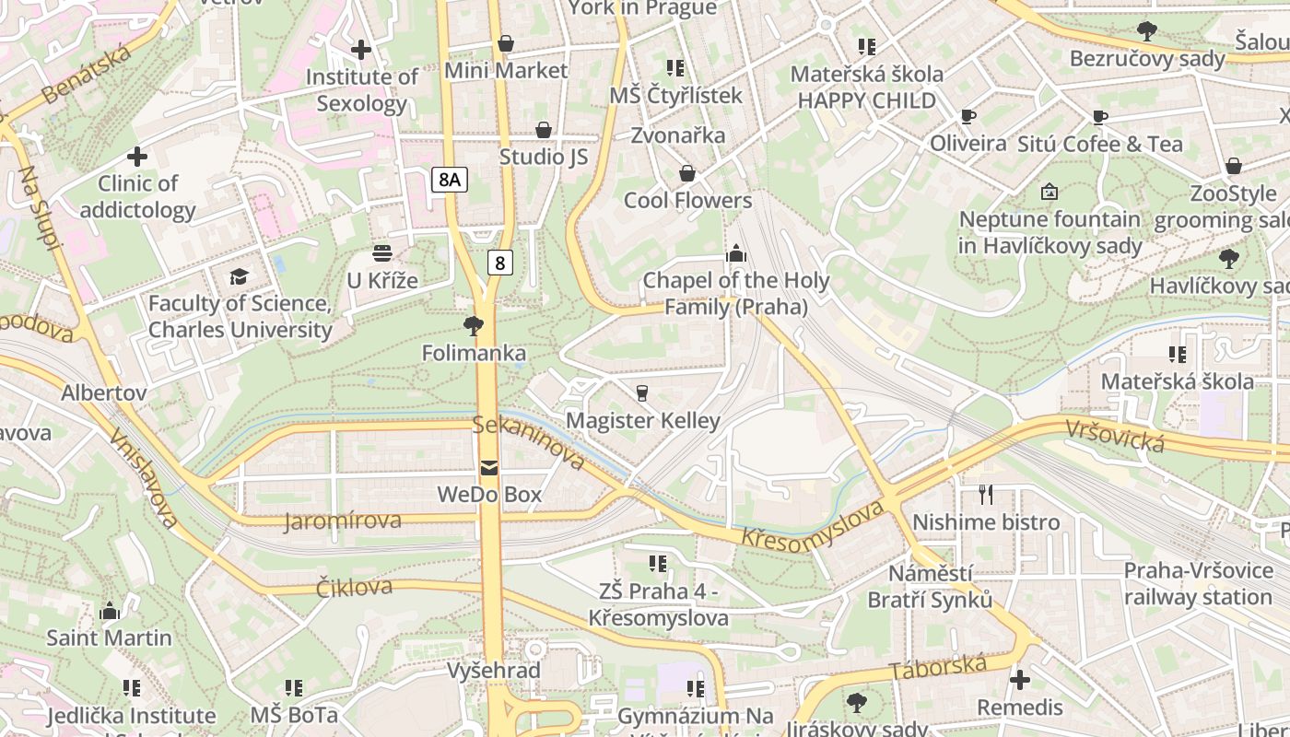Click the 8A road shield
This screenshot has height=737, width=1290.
449,180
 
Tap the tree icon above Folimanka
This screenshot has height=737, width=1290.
474,325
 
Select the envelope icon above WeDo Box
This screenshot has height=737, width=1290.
488,468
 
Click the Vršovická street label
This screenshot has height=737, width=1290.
1116,436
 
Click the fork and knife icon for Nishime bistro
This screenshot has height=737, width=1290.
986,495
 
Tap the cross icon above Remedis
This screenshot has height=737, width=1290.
1020,680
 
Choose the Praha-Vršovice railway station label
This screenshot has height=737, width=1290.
1198,584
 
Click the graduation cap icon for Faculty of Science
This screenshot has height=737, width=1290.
240,275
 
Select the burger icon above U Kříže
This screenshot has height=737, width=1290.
382,253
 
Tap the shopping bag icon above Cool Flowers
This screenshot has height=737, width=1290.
687,173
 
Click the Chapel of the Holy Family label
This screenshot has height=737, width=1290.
736,293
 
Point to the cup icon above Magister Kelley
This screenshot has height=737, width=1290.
642,393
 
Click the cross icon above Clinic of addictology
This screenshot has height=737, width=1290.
137,157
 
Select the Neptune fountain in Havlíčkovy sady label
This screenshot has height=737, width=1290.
1050,232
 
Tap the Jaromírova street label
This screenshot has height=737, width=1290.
343,521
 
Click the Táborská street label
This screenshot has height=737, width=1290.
938,667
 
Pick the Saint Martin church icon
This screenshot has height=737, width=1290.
110,611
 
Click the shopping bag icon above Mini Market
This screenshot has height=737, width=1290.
505,43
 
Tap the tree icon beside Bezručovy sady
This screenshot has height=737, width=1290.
1147,32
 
